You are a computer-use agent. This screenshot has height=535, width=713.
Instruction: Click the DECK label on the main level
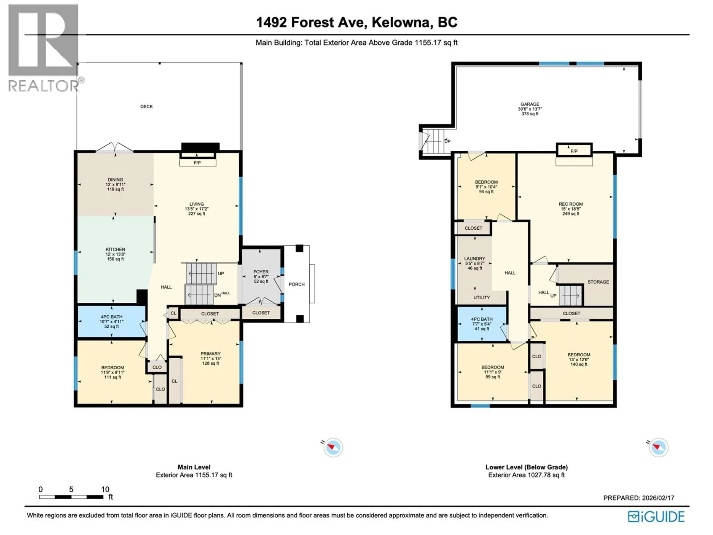(146, 106)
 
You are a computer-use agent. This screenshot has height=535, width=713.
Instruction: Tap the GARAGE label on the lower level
(530, 104)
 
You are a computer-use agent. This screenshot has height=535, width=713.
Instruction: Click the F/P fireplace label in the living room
(197, 163)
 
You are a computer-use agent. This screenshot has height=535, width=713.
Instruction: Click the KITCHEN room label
(115, 249)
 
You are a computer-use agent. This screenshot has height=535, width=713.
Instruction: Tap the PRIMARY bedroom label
(211, 354)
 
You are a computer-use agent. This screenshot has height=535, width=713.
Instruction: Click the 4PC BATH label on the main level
(112, 317)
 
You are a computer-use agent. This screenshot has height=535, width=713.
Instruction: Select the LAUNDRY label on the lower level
(474, 259)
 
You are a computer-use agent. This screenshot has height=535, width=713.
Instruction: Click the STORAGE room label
(598, 282)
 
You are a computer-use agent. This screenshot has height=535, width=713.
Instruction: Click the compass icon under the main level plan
(333, 447)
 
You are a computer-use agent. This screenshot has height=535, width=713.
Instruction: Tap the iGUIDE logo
(656, 517)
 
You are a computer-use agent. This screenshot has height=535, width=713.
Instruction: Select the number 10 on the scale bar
(105, 489)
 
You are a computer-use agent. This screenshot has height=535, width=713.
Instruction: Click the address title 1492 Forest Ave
(356, 22)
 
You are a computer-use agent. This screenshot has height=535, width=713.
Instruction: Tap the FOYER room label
(261, 272)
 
